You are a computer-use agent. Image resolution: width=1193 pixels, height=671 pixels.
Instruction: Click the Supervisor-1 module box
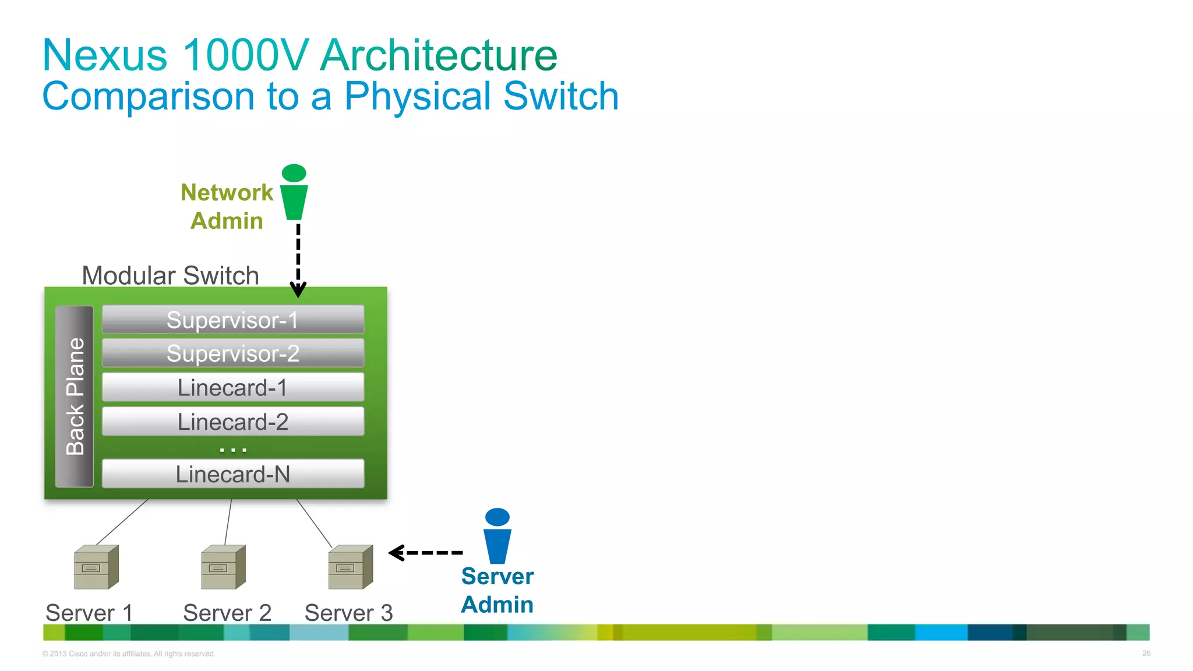click(233, 320)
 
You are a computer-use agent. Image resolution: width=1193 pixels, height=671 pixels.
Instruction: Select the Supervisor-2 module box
click(233, 354)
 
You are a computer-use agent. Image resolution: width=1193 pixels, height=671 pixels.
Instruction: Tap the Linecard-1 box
click(233, 387)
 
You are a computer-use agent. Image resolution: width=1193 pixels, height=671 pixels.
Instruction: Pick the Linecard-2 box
click(233, 422)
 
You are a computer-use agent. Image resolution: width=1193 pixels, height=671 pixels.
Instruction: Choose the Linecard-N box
click(233, 474)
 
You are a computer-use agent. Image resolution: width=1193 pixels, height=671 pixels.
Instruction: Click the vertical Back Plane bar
click(75, 396)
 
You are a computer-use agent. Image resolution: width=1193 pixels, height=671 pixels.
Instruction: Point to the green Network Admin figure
click(294, 193)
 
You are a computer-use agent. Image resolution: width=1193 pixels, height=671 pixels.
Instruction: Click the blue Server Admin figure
click(497, 536)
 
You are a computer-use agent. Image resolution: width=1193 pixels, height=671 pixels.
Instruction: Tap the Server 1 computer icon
click(96, 567)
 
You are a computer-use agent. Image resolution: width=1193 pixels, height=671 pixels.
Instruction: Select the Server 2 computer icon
click(223, 567)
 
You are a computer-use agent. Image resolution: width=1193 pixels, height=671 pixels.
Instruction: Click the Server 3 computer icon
click(350, 567)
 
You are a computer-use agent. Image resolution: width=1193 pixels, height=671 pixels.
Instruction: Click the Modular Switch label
click(170, 276)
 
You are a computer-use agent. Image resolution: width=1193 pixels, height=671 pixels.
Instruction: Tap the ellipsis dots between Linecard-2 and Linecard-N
click(233, 450)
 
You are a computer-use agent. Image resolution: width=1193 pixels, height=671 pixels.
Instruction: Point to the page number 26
click(1146, 653)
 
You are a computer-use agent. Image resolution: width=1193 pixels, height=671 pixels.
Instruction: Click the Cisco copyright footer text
click(129, 654)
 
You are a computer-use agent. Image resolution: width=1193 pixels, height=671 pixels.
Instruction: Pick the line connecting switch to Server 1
click(122, 522)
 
